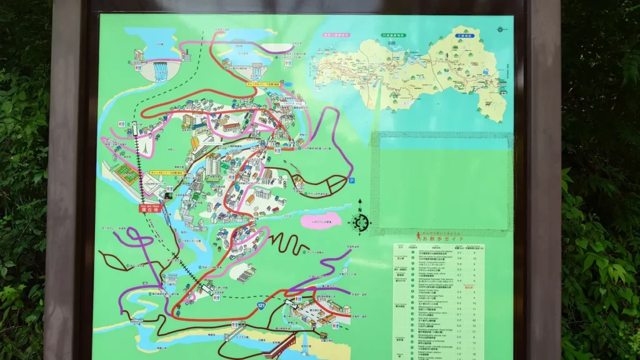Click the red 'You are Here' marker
[150, 207]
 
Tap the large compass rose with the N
[360, 221]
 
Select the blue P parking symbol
[351, 181]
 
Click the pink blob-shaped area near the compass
[321, 221]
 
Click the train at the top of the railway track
[134, 129]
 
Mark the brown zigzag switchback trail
[287, 241]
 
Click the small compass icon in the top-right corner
[500, 29]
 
